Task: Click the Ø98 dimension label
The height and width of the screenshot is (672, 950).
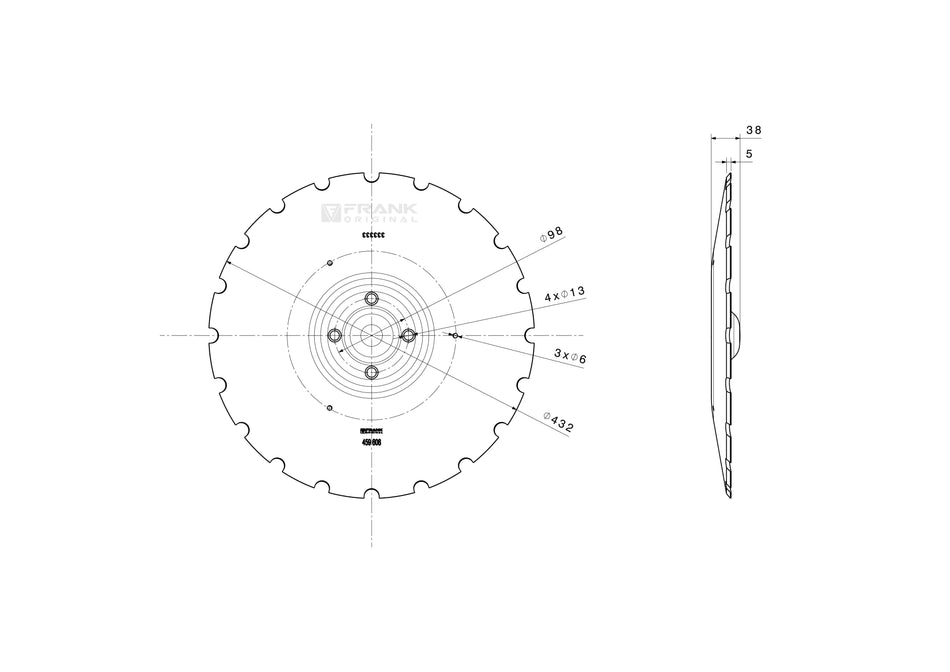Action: [552, 234]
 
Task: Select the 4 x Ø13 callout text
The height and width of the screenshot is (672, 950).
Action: [564, 294]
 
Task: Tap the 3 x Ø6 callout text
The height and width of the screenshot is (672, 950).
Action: [571, 353]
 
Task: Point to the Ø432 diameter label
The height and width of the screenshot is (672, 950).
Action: [559, 420]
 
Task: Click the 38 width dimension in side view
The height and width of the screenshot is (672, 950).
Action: [754, 130]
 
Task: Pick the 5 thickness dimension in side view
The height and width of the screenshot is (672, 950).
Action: [749, 154]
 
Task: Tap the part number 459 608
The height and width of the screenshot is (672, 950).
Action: [371, 441]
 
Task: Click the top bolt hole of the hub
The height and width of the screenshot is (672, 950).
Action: [372, 298]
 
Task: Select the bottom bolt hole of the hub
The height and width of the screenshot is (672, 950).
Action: [372, 372]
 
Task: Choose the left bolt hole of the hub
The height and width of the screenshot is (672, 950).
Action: [335, 335]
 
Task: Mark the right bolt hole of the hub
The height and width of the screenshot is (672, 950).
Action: [409, 335]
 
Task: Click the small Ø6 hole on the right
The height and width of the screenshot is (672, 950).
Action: [455, 336]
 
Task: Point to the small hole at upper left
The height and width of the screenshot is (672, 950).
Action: [329, 263]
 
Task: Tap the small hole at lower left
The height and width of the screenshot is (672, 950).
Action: [329, 407]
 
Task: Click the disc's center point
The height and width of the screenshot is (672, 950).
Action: [372, 335]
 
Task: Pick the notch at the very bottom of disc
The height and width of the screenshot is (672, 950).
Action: [372, 494]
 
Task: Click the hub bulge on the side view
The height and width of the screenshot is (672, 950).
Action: [738, 334]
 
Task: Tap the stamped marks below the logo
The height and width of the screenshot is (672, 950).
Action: [372, 234]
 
